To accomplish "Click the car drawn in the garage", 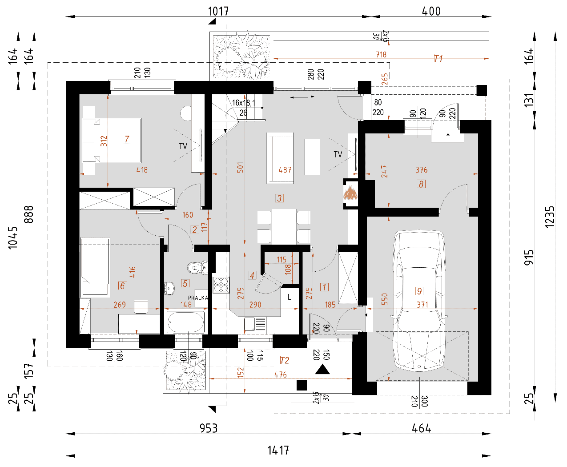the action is pyautogui.click(x=419, y=301).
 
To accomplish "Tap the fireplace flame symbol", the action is pyautogui.click(x=350, y=193).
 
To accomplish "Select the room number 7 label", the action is pyautogui.click(x=127, y=139).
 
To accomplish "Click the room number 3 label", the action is pyautogui.click(x=279, y=198).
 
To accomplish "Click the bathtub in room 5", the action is pyautogui.click(x=185, y=322).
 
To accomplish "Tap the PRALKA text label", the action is pyautogui.click(x=198, y=298).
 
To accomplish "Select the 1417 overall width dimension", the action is pyautogui.click(x=278, y=451).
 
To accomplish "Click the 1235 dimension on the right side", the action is pyautogui.click(x=549, y=217).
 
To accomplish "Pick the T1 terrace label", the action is pyautogui.click(x=438, y=58).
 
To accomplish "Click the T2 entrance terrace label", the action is pyautogui.click(x=284, y=360).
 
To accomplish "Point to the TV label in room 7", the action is pyautogui.click(x=183, y=146).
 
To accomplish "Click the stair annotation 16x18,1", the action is pyautogui.click(x=244, y=103).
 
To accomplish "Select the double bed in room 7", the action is pyautogui.click(x=111, y=140).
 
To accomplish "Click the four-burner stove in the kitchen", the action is pyautogui.click(x=221, y=285).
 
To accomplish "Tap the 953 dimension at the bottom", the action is pyautogui.click(x=209, y=428).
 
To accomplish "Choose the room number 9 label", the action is pyautogui.click(x=419, y=291).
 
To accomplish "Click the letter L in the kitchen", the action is pyautogui.click(x=290, y=297).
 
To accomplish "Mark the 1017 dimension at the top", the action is pyautogui.click(x=218, y=11).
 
